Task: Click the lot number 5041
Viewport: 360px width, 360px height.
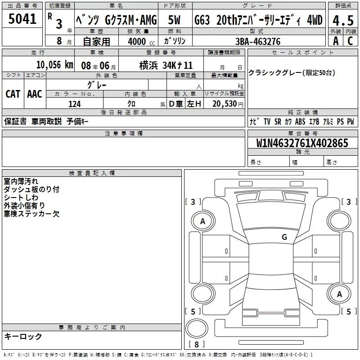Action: click(22, 19)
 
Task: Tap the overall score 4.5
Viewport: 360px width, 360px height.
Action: click(343, 21)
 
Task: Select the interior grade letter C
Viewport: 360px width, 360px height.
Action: click(351, 41)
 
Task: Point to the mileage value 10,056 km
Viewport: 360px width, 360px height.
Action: click(54, 65)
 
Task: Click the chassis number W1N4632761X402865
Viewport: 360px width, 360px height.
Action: click(302, 143)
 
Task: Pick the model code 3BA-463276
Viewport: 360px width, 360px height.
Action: click(258, 41)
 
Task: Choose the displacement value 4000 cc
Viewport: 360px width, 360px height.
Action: click(141, 41)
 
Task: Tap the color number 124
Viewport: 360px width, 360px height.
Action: click(75, 104)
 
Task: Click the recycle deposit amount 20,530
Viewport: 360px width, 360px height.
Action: click(224, 104)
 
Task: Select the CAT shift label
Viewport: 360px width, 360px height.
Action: click(13, 94)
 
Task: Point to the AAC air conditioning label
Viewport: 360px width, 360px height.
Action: click(35, 94)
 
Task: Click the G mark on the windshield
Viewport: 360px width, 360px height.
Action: click(284, 237)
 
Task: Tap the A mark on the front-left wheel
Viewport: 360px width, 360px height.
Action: click(202, 221)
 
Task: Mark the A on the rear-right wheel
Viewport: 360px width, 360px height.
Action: click(339, 294)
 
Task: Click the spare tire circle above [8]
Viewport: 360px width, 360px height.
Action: click(197, 328)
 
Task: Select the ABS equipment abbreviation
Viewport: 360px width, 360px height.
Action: click(300, 121)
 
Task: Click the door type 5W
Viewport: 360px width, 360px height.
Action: click(174, 20)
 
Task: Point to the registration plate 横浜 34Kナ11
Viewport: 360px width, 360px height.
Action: click(166, 66)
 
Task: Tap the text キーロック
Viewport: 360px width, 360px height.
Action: click(23, 336)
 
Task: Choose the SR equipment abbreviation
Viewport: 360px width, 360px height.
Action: click(278, 121)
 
